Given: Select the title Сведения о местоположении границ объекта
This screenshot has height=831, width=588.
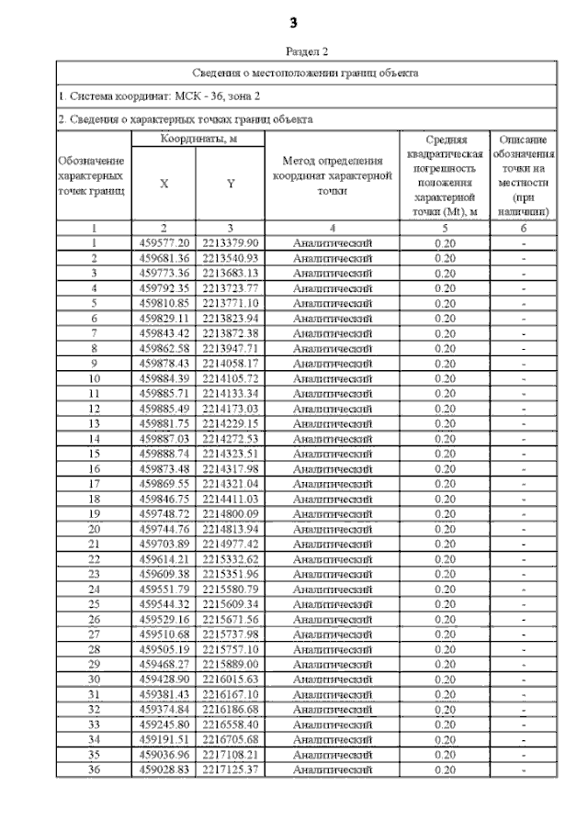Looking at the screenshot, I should [x=306, y=73].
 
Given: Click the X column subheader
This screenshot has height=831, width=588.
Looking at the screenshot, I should [x=164, y=183].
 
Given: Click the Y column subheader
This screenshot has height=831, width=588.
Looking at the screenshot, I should [x=231, y=183].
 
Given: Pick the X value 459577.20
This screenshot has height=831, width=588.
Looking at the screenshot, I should [x=164, y=243].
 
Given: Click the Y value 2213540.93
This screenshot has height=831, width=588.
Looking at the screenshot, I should [x=231, y=258].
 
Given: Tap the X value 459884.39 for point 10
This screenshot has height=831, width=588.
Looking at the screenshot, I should [x=164, y=378].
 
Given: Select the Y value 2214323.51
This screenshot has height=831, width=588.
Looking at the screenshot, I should [x=231, y=454].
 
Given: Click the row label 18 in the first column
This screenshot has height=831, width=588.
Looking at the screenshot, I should [x=94, y=499].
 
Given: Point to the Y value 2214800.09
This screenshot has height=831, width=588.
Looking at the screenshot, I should [x=231, y=513].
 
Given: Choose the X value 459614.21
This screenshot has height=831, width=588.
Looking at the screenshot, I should [x=164, y=558].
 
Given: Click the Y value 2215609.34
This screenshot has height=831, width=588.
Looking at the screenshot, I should [x=231, y=603].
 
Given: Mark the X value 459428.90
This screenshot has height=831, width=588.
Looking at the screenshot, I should [x=164, y=679].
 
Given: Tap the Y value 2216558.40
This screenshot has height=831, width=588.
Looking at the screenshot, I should [x=231, y=724].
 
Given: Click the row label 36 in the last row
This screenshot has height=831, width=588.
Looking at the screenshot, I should [x=94, y=769].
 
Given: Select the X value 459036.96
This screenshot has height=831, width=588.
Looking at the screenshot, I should [x=164, y=754].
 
